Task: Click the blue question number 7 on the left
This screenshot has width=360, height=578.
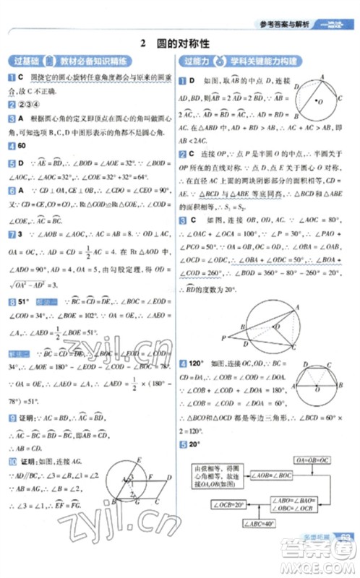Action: [x=12, y=235]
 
